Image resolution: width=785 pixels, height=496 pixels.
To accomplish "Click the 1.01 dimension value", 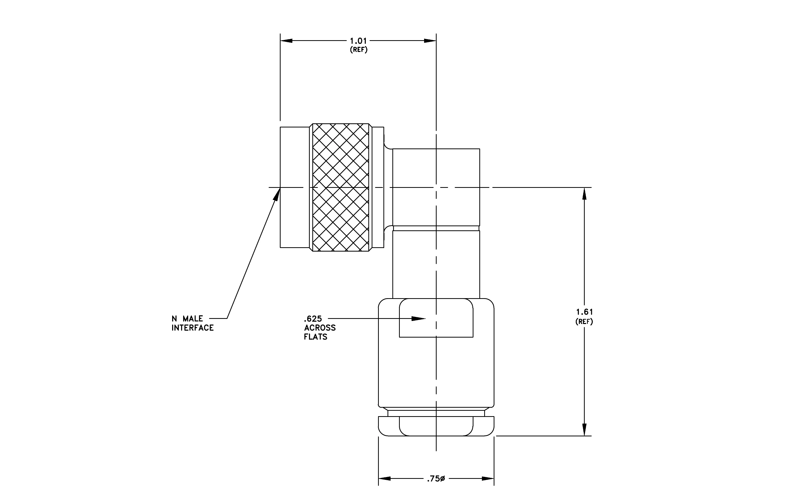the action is pos(358,41).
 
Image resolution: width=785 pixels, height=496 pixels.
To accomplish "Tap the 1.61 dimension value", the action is pos(584,312).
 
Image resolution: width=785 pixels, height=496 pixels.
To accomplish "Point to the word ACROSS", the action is pos(320,328).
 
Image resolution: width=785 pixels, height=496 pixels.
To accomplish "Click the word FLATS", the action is pos(316,337).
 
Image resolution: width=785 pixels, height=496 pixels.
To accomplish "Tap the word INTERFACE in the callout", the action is pos(193,328).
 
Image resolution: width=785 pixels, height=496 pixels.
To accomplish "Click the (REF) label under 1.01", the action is pos(359,50).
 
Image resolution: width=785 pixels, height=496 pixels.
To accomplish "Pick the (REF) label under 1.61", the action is pos(584,321).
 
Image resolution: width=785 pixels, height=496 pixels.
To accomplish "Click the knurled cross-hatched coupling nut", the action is pos(341,188).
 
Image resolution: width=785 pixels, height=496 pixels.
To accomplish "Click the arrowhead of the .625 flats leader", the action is pos(418,319).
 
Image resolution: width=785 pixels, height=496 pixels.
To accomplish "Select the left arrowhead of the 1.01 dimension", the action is pos(286,41).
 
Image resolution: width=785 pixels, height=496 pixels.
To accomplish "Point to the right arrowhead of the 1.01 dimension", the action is pos(430,41).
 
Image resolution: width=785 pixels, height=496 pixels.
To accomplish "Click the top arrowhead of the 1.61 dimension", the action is pos(584,194).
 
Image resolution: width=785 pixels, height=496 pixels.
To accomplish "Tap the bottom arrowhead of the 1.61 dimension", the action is pos(584,430).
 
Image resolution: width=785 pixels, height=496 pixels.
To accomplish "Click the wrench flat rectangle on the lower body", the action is pos(436,318).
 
